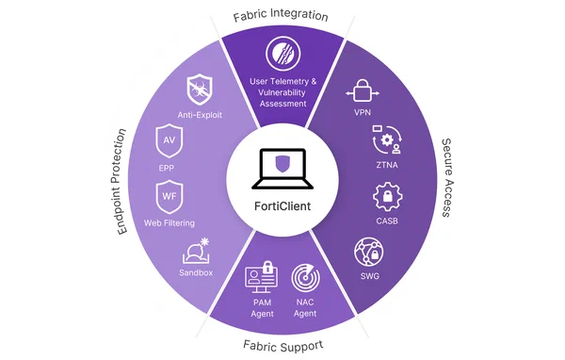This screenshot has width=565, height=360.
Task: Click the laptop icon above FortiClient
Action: click(282, 169)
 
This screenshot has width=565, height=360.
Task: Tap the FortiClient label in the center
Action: click(282, 206)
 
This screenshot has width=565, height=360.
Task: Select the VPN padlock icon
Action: click(363, 90)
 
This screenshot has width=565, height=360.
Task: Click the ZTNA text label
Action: click(387, 165)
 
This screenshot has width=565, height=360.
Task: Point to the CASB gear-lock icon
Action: click(388, 197)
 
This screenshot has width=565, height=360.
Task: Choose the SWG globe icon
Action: click(368, 252)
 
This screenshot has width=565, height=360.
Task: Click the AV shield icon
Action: click(169, 140)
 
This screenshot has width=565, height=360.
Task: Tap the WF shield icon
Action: click(169, 197)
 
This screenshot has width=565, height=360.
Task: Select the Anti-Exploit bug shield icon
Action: click(200, 90)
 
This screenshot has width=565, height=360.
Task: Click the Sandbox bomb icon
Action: click(197, 251)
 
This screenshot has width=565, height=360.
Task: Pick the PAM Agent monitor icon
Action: click(261, 277)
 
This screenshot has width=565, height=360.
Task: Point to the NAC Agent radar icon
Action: click(305, 278)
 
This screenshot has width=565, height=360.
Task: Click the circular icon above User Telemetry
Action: click(283, 54)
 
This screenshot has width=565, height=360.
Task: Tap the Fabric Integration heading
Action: click(281, 16)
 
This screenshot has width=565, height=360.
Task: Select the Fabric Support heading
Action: click(283, 346)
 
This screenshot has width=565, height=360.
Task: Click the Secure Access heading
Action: click(447, 177)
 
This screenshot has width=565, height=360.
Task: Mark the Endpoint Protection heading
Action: click(121, 182)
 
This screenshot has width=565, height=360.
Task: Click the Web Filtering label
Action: click(169, 223)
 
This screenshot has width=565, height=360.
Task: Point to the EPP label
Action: click(166, 168)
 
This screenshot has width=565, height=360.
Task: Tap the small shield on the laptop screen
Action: click(282, 164)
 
